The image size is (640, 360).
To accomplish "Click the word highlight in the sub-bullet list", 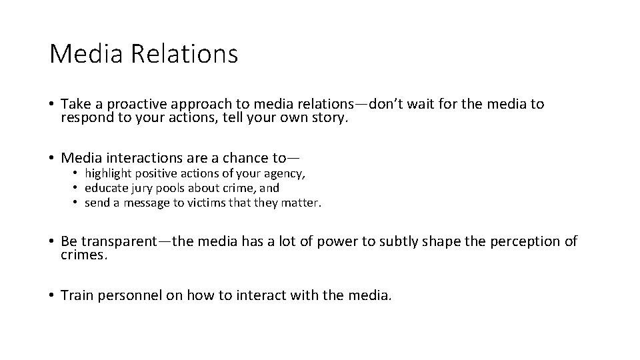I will (109, 173).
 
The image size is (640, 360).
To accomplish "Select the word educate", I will (107, 188).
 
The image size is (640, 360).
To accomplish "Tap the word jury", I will (145, 188).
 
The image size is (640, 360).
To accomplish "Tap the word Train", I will (76, 295).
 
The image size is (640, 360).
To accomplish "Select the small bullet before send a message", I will (77, 202).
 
